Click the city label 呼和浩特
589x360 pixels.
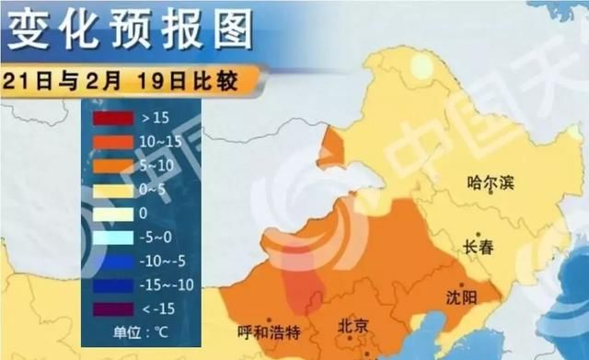(269, 331)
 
